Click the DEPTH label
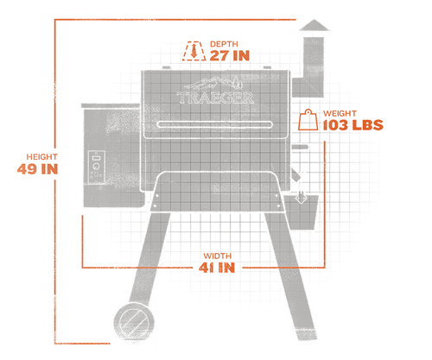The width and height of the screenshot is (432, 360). (224, 44)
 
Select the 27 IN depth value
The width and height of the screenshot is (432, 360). (230, 55)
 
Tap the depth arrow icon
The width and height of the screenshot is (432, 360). (194, 51)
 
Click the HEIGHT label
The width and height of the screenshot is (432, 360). (42, 157)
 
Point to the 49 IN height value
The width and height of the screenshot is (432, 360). (37, 169)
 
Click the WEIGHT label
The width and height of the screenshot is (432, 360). (340, 113)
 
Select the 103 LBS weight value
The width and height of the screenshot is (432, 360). (353, 125)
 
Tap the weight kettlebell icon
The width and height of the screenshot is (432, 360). (308, 120)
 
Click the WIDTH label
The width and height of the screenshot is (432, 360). (218, 256)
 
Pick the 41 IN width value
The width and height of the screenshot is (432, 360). (217, 268)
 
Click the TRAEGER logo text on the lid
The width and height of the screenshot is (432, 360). (216, 98)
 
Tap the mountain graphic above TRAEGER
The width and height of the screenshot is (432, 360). (213, 83)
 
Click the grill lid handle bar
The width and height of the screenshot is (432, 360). (215, 124)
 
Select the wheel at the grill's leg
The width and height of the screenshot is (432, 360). (134, 322)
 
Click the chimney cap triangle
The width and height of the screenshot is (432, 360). (314, 25)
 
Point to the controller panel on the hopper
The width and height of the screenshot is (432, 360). (96, 167)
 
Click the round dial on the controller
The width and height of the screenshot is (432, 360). (96, 167)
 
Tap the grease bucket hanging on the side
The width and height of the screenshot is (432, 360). (302, 212)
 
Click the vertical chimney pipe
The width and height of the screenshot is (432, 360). (314, 66)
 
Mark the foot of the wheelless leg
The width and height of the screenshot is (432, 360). (308, 335)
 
